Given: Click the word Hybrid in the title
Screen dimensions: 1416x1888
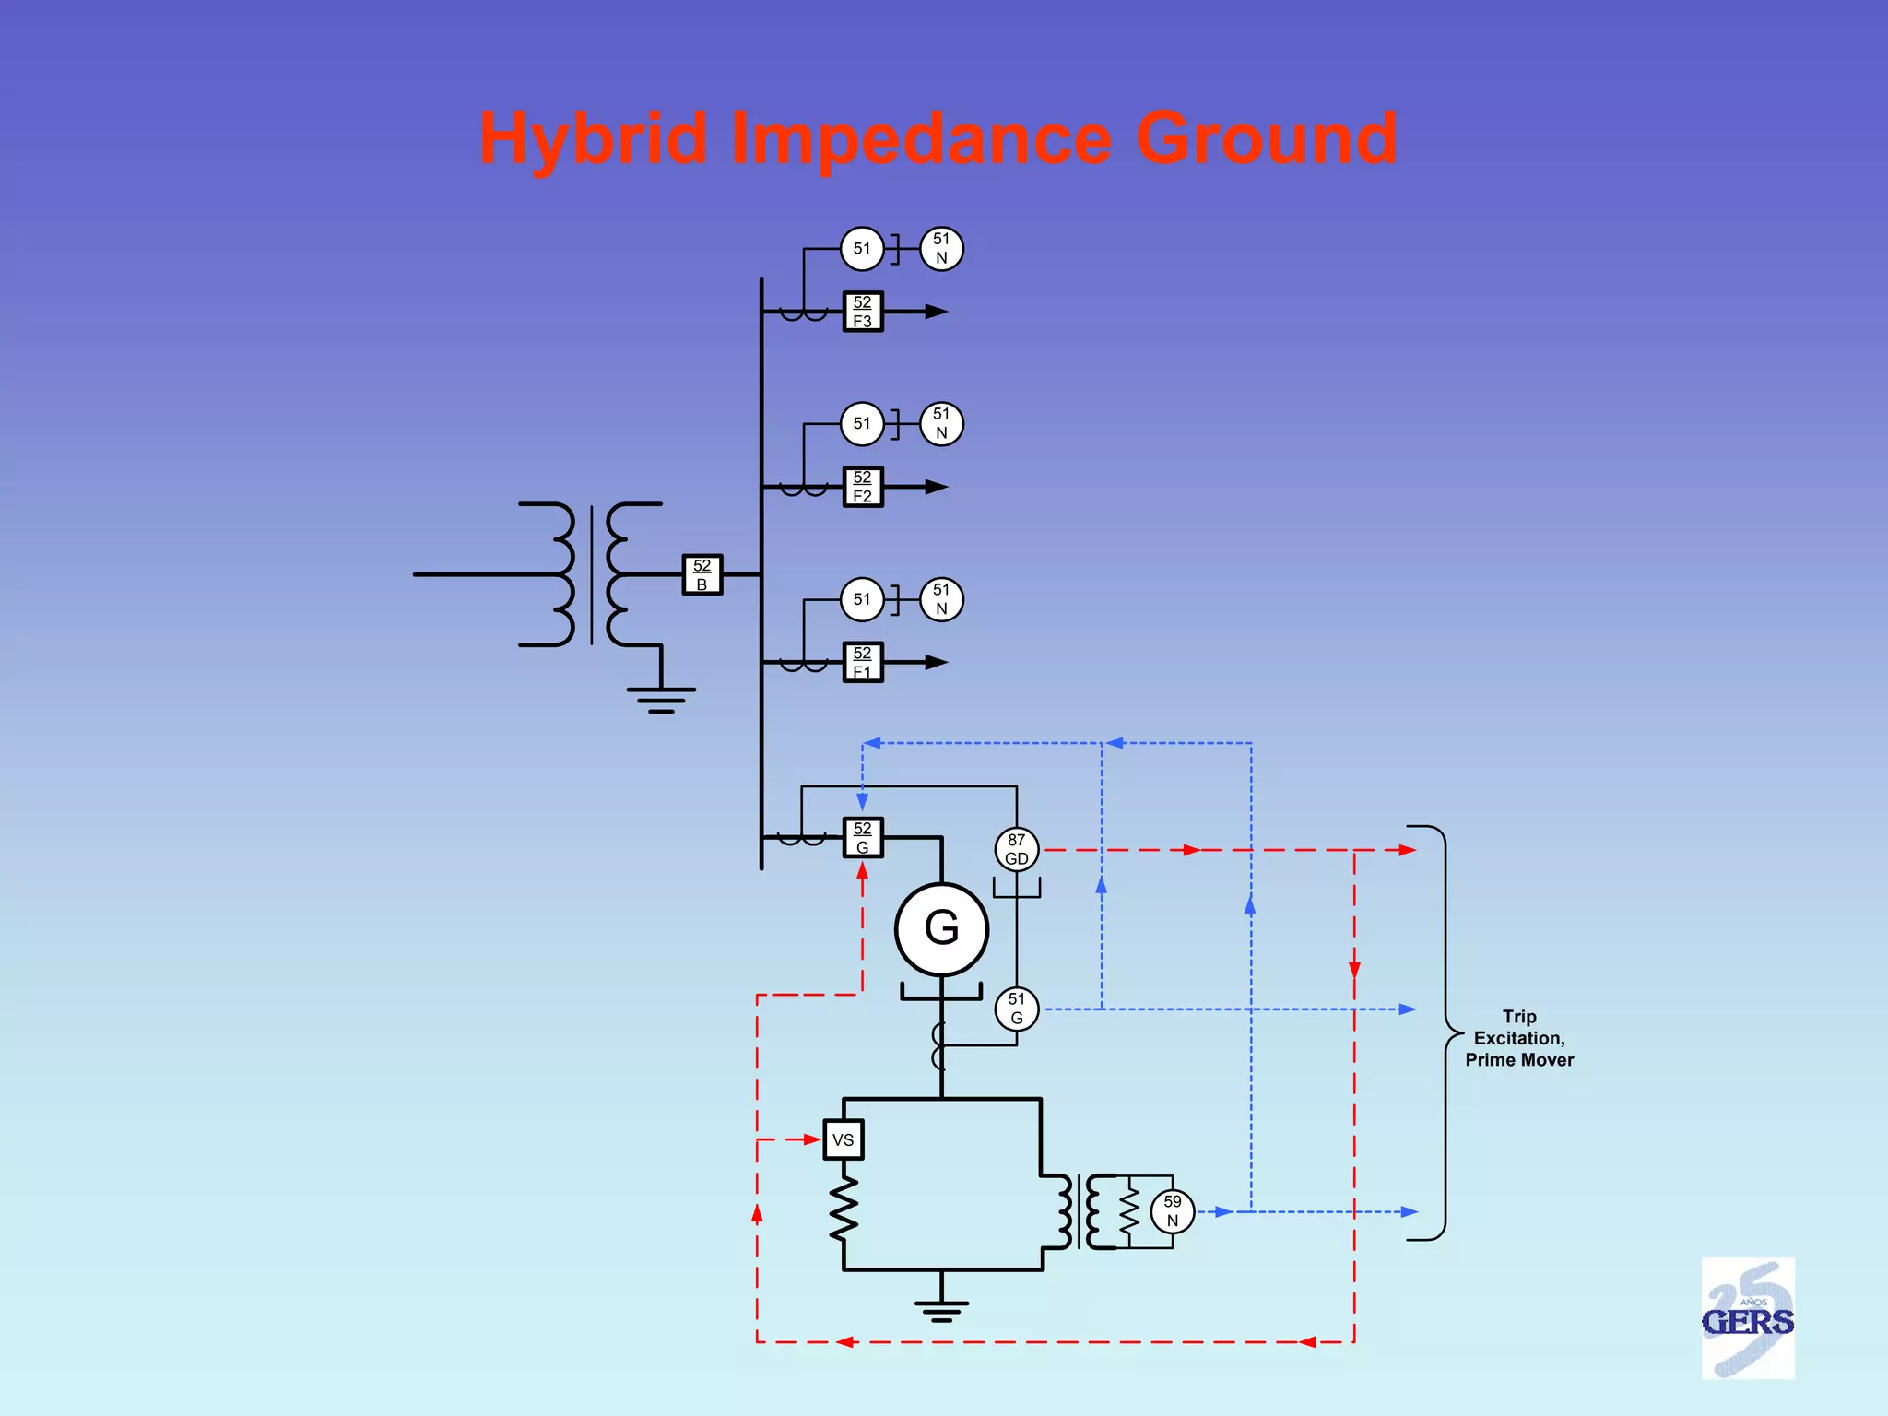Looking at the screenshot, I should click(x=594, y=138).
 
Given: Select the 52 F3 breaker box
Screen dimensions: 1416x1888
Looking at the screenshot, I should click(x=863, y=312).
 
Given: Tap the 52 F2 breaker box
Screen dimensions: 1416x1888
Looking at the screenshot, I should click(x=863, y=487).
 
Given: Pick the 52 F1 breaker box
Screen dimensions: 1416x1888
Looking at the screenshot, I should click(x=863, y=662).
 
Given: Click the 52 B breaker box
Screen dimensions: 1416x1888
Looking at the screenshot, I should click(x=702, y=574).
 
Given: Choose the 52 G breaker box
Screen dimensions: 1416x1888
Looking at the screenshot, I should click(x=863, y=837).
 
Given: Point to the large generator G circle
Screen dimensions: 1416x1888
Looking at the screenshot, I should click(x=941, y=928).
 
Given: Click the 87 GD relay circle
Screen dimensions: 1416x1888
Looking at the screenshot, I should click(x=1017, y=849).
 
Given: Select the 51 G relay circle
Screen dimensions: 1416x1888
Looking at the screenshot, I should click(x=1017, y=1009).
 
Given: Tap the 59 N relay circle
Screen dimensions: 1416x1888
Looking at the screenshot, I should click(x=1172, y=1211).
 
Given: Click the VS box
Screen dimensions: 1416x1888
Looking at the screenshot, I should click(x=843, y=1139).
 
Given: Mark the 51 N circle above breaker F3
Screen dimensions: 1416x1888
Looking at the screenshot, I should click(x=941, y=249).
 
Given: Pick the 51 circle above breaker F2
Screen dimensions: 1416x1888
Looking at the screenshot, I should click(x=862, y=424).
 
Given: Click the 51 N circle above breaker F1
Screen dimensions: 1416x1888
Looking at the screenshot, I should click(x=941, y=599).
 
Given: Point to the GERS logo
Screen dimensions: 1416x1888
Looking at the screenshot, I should click(x=1748, y=1318).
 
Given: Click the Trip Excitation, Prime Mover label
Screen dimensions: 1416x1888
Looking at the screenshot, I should click(x=1519, y=1038).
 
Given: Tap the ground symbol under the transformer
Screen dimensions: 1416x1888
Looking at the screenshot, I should click(x=661, y=700).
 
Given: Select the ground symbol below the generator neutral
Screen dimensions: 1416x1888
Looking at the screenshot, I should click(x=941, y=1310).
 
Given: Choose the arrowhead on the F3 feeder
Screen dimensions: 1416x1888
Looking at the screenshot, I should click(x=936, y=312).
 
